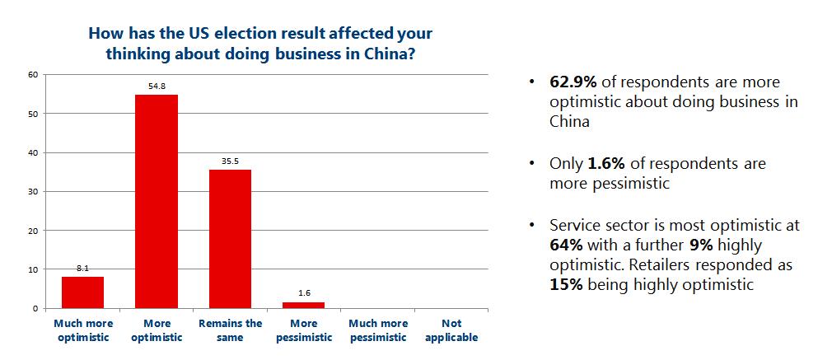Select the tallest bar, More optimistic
(x=157, y=202)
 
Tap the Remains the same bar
(x=230, y=239)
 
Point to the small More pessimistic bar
(x=304, y=305)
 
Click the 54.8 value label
(x=157, y=87)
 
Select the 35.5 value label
(x=230, y=162)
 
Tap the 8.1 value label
(x=83, y=269)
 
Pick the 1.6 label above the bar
(x=304, y=294)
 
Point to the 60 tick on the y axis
(x=34, y=74)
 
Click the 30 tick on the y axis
(x=34, y=191)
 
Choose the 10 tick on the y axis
(x=34, y=269)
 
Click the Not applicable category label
(x=451, y=330)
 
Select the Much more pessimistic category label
(x=377, y=330)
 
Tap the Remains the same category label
(x=230, y=330)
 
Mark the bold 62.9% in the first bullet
(x=573, y=82)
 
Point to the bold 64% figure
(x=564, y=245)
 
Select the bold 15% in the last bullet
(x=564, y=284)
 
